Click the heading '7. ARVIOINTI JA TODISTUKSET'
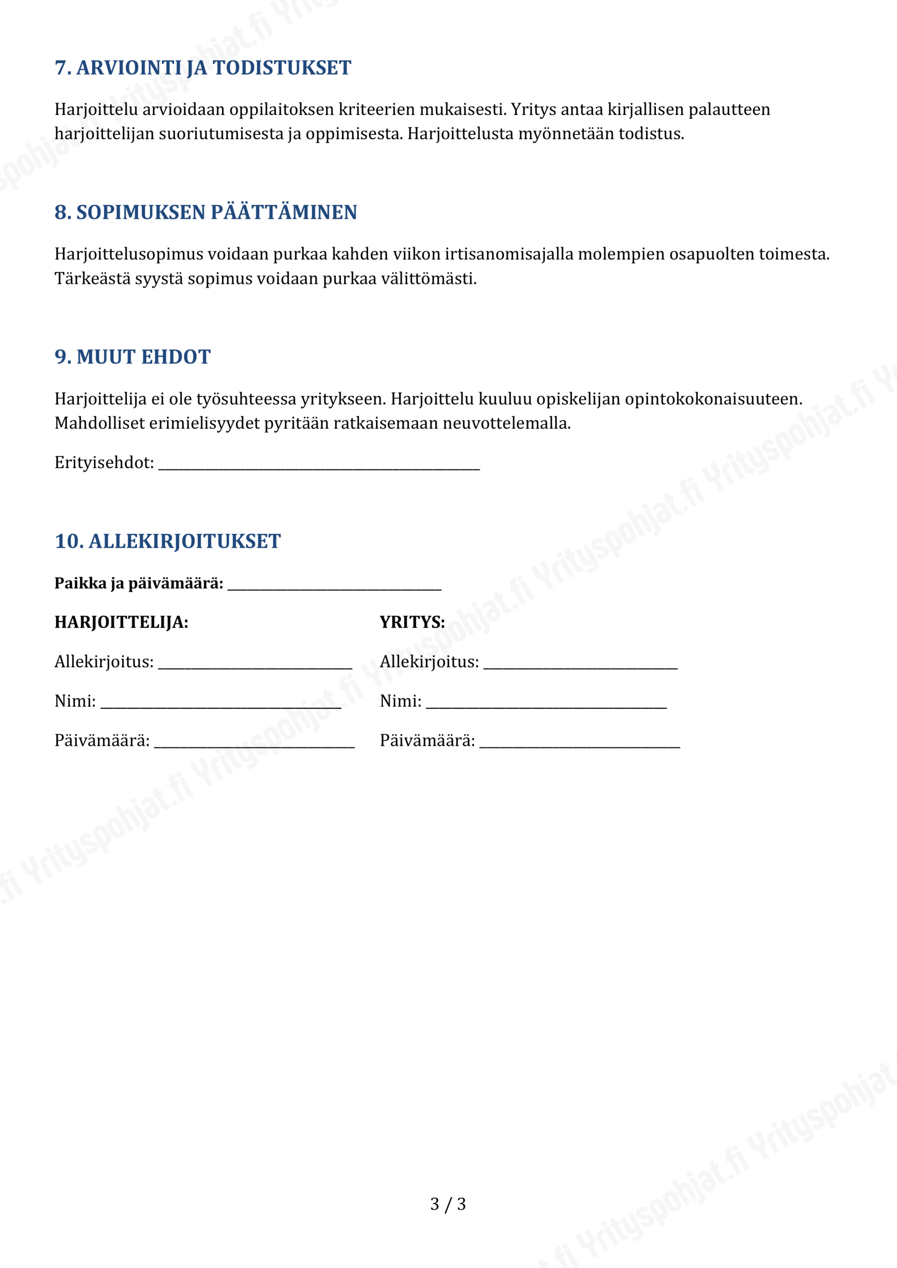pyautogui.click(x=203, y=68)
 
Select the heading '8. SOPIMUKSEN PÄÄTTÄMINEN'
pyautogui.click(x=206, y=212)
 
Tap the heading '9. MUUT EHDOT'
pyautogui.click(x=133, y=357)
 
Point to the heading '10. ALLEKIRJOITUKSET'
pyautogui.click(x=167, y=542)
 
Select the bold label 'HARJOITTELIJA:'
pyautogui.click(x=121, y=623)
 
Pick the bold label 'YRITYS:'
pyautogui.click(x=412, y=623)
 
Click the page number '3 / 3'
pyautogui.click(x=448, y=1205)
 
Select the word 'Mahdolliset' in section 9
pyautogui.click(x=100, y=423)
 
